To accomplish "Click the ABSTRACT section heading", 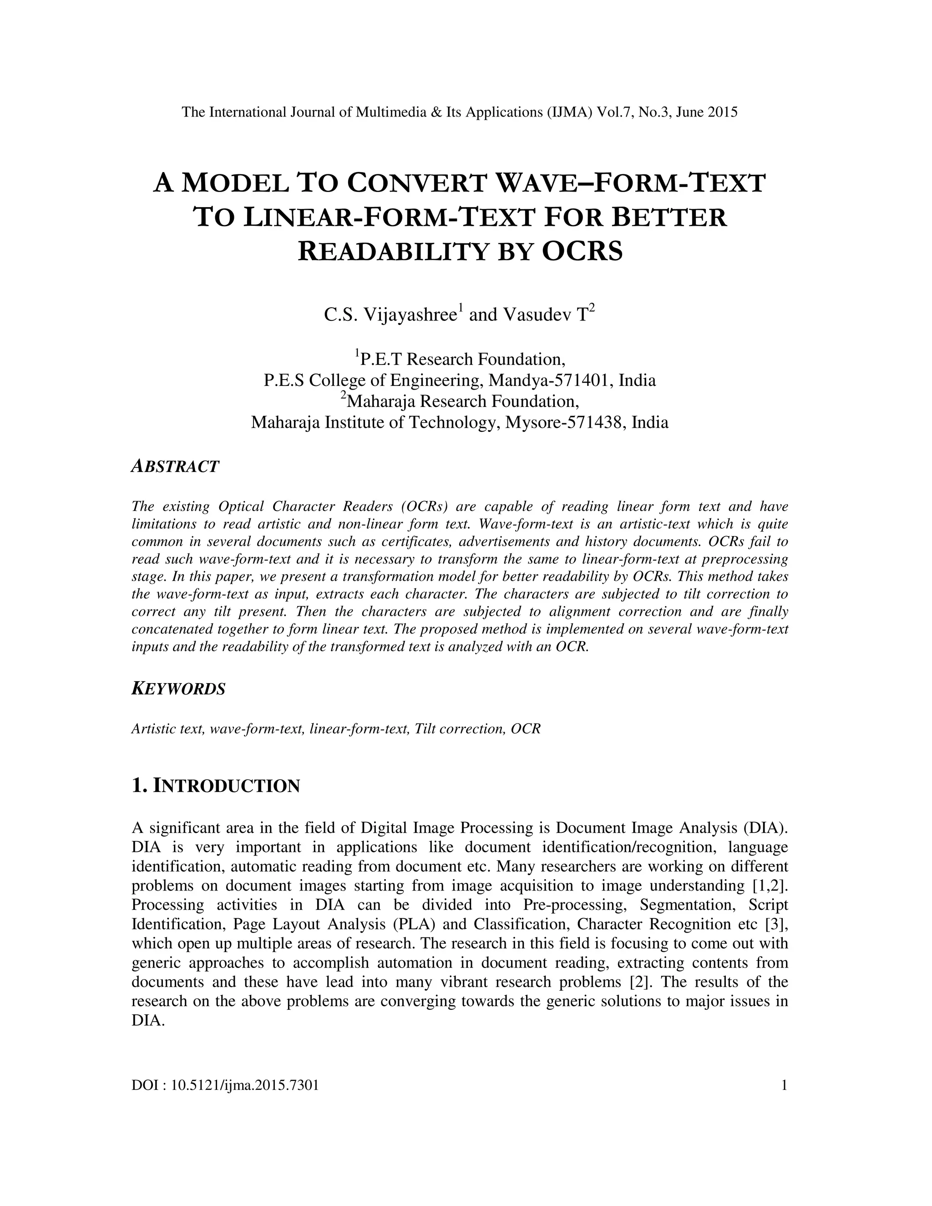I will [x=175, y=466].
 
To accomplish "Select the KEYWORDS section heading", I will [x=178, y=689].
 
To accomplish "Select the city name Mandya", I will [x=518, y=380].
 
